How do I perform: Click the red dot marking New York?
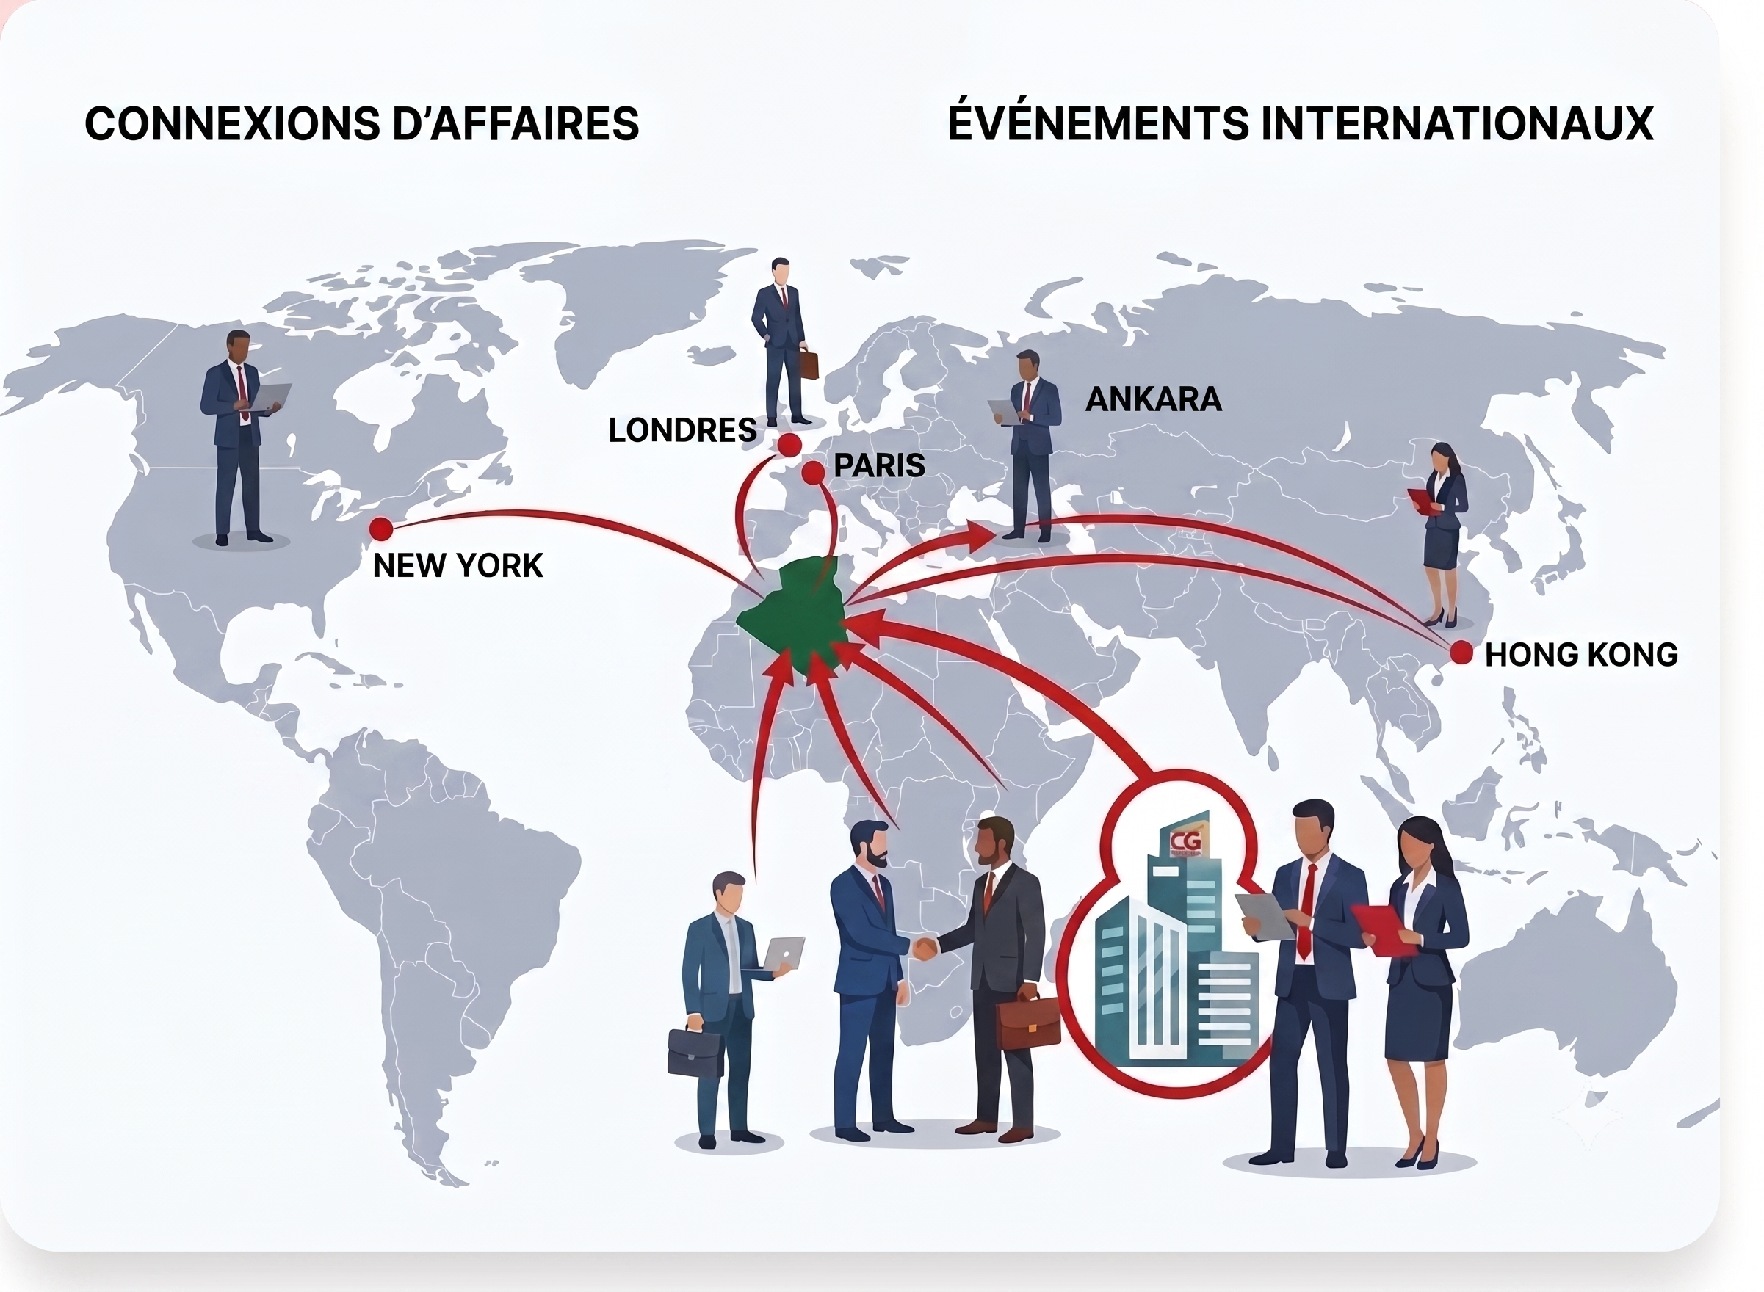(x=381, y=529)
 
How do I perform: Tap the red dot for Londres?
(x=789, y=445)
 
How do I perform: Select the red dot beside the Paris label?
(x=814, y=472)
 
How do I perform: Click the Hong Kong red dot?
(x=1461, y=653)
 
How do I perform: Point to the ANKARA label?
(x=1153, y=399)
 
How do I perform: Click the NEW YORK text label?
(x=458, y=565)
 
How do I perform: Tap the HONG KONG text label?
(x=1581, y=655)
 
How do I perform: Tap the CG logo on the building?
(x=1186, y=841)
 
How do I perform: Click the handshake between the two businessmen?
(x=925, y=948)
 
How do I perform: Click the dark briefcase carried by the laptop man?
(x=695, y=1051)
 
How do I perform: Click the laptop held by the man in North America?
(x=268, y=398)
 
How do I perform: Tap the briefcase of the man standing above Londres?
(x=808, y=363)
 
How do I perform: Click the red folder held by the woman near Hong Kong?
(x=1424, y=501)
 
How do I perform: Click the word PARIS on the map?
(x=879, y=465)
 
